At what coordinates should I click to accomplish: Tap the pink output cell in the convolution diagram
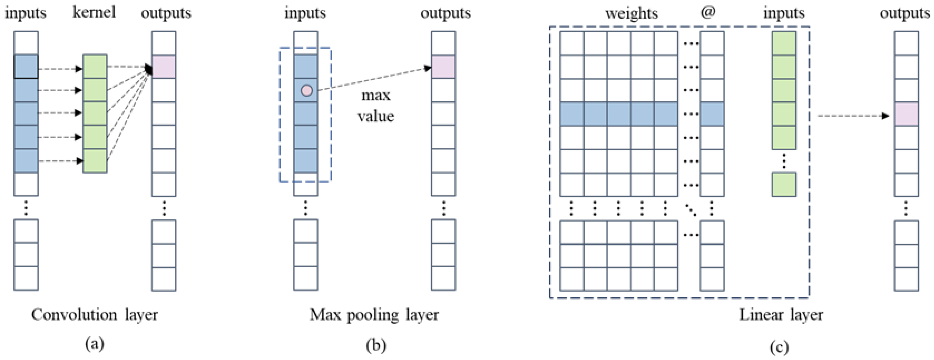(164, 67)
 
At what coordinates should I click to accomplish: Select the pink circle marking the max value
(307, 90)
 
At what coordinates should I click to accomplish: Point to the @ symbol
(708, 12)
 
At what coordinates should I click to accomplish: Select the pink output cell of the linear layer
(906, 114)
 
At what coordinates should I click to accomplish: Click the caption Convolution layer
(94, 315)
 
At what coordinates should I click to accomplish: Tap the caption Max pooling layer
(374, 315)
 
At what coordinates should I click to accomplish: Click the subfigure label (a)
(95, 343)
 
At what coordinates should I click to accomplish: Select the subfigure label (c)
(779, 347)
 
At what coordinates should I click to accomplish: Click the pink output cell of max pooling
(443, 67)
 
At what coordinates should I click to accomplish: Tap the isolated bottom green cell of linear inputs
(784, 185)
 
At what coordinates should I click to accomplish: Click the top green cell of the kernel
(95, 66)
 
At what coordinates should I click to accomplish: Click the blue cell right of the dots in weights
(712, 114)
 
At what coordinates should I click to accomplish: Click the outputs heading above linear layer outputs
(905, 13)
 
